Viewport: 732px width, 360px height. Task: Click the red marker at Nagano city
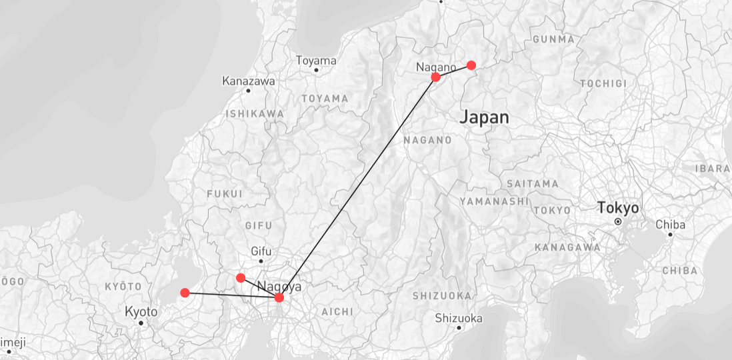(x=436, y=77)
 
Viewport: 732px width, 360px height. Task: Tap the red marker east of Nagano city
(x=471, y=65)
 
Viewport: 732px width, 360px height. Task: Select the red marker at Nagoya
(x=279, y=297)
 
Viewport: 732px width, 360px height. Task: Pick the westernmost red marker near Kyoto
(x=185, y=293)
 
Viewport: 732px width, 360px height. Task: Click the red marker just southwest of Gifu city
(x=241, y=277)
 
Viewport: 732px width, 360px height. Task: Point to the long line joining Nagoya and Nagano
(x=357, y=187)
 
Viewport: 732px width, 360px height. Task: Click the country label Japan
(x=485, y=118)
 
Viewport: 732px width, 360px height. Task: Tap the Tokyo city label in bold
(x=617, y=208)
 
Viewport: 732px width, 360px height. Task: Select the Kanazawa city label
(x=249, y=81)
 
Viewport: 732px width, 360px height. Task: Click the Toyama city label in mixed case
(x=316, y=61)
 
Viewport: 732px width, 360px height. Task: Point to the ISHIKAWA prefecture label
(x=254, y=114)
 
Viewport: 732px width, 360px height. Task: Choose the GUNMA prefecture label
(x=553, y=39)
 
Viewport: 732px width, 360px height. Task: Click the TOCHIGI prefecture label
(x=603, y=83)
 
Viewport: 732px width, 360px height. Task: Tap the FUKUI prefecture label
(x=225, y=194)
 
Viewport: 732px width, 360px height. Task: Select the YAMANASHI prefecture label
(x=494, y=201)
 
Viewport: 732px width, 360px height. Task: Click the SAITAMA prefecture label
(x=532, y=183)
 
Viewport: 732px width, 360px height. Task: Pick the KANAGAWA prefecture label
(x=567, y=247)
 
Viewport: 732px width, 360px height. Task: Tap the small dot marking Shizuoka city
(x=459, y=328)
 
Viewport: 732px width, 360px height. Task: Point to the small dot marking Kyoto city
(x=141, y=323)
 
